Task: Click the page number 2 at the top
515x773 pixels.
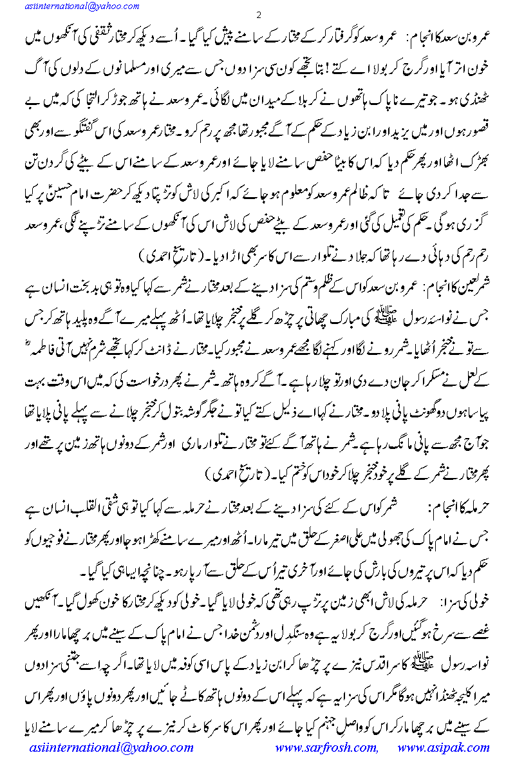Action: pos(257,14)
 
